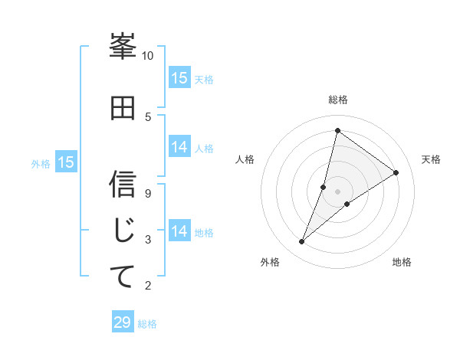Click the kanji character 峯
[x=123, y=48]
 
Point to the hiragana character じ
[x=123, y=231]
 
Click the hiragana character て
[x=123, y=277]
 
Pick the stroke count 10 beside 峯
[x=148, y=56]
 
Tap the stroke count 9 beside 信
[x=148, y=193]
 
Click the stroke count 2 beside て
[x=148, y=286]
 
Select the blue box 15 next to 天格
[x=179, y=78]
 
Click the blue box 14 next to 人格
[x=179, y=148]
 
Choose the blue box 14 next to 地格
[x=179, y=231]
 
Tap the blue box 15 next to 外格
[x=66, y=162]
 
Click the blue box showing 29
[x=123, y=322]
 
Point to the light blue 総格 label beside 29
[x=148, y=324]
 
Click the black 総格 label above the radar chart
[x=338, y=100]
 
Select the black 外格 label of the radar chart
[x=270, y=263]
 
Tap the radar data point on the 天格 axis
[x=396, y=173]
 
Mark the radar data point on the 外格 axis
[x=302, y=242]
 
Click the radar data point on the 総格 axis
[x=337, y=130]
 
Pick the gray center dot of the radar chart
[x=337, y=191]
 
